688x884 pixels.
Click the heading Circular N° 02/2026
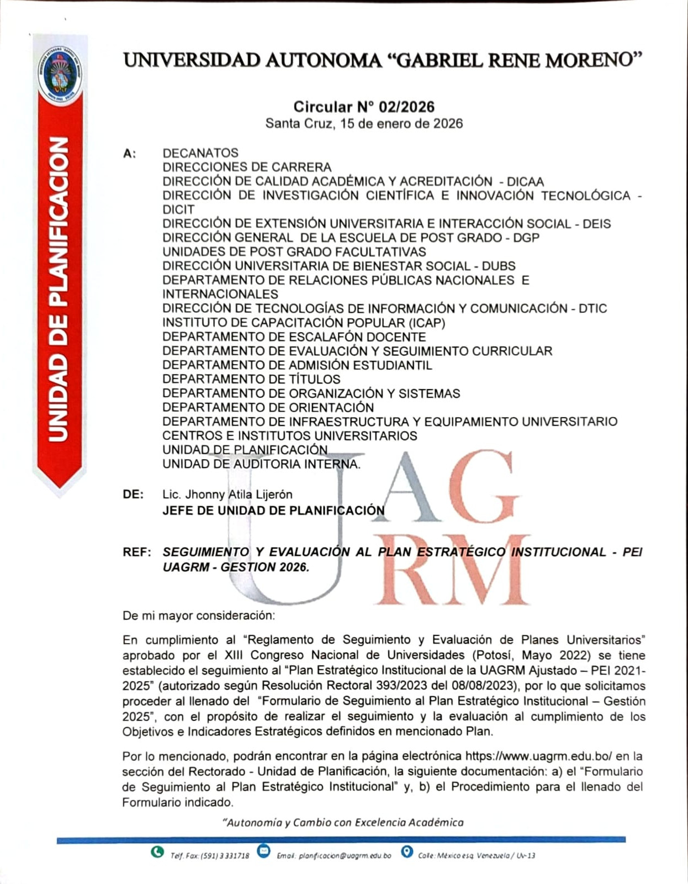click(x=364, y=107)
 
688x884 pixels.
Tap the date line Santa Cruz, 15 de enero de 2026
click(x=364, y=123)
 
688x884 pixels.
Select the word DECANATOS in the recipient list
click(x=200, y=153)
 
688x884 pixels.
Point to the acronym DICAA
click(x=525, y=182)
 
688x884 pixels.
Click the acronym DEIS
click(x=596, y=224)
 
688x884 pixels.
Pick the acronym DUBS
click(x=499, y=266)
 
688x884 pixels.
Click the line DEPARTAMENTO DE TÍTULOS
click(x=251, y=379)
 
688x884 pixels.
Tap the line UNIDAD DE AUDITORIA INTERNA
click(x=261, y=464)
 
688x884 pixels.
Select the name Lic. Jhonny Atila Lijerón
click(x=227, y=494)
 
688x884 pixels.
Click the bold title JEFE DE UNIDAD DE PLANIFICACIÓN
click(x=273, y=511)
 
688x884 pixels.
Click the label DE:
click(x=133, y=494)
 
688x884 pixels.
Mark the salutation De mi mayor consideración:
click(x=198, y=615)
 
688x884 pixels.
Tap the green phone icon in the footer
click(x=157, y=852)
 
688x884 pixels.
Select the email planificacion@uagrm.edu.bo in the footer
click(x=345, y=856)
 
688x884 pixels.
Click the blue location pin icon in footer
click(x=407, y=852)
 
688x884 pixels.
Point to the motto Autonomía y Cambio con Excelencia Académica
click(x=343, y=823)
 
